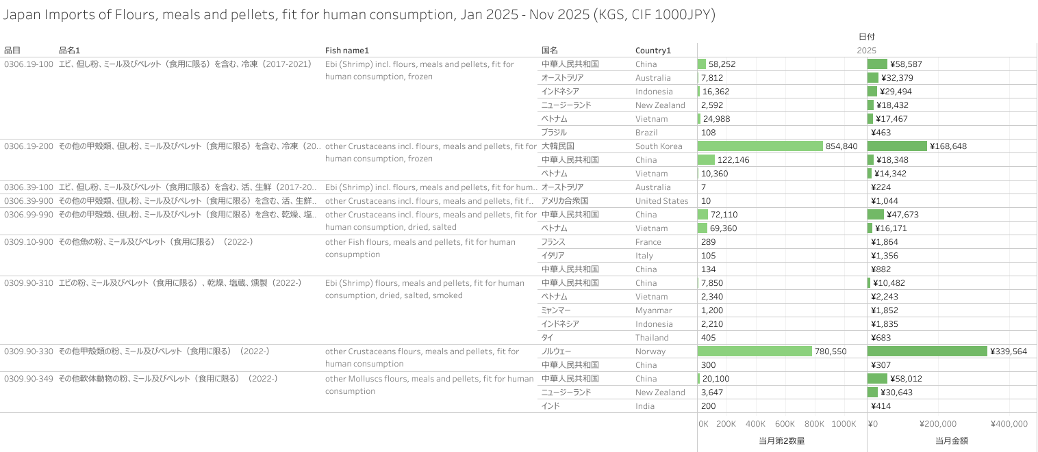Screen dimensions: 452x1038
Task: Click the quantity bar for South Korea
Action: (760, 146)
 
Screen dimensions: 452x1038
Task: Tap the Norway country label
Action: (650, 351)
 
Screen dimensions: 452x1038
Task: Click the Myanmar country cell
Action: (651, 310)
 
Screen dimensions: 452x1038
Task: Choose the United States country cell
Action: (661, 201)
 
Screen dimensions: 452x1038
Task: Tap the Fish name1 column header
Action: (346, 51)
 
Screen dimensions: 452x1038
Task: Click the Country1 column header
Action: (653, 51)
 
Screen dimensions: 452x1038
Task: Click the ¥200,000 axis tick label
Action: (938, 424)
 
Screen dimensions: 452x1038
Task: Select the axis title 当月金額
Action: (952, 441)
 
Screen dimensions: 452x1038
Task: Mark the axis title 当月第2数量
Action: (782, 441)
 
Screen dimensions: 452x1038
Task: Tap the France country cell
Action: (648, 242)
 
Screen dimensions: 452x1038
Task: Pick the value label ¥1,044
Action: (885, 201)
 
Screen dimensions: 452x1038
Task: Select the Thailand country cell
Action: (652, 338)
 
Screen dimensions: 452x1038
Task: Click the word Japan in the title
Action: (22, 14)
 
